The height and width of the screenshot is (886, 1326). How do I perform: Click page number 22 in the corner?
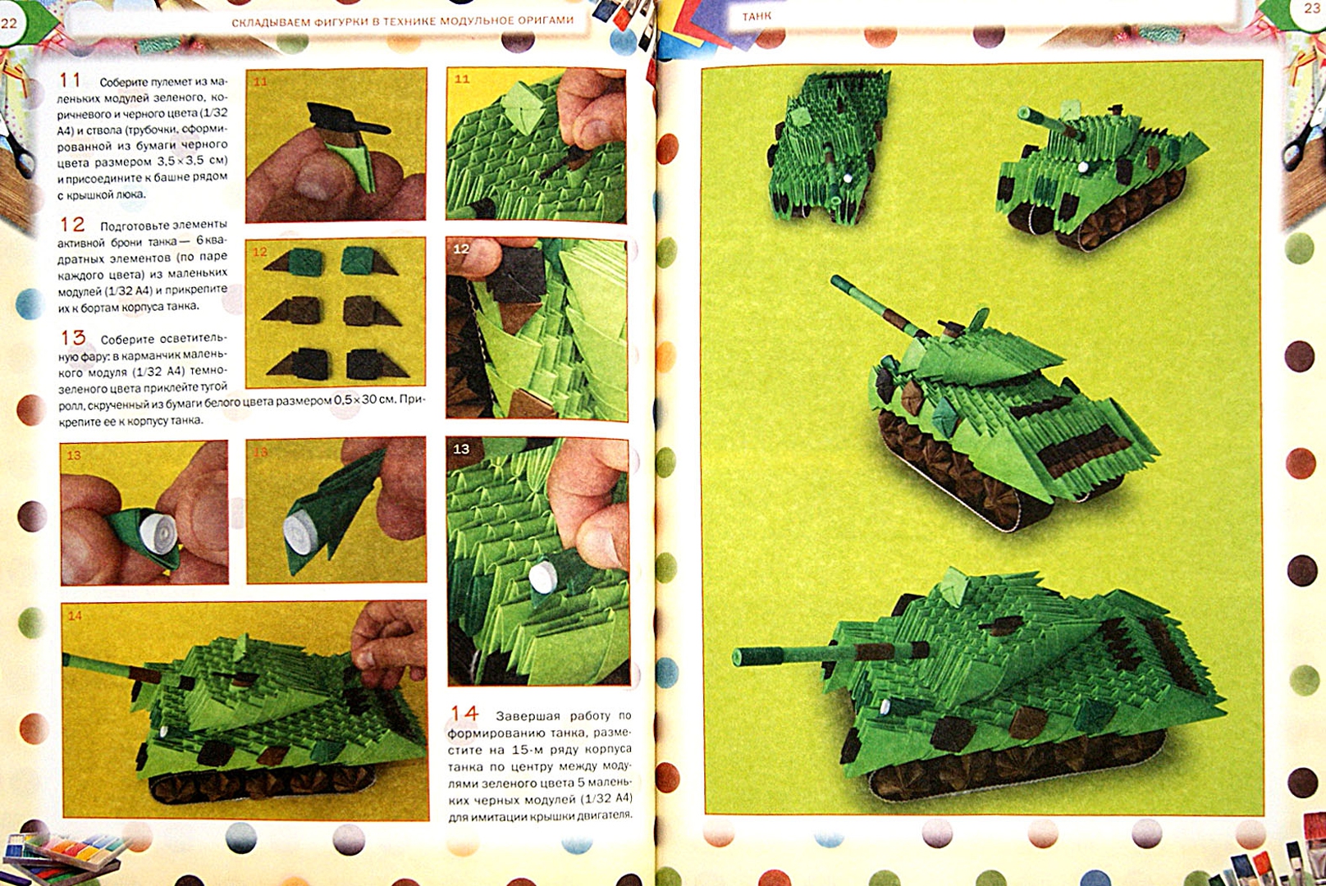[9, 24]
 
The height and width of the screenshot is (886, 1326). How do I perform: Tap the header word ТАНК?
[757, 16]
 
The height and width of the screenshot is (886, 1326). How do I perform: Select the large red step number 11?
[70, 80]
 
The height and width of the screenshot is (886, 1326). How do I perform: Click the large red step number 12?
[72, 224]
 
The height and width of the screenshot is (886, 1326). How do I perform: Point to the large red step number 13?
[73, 337]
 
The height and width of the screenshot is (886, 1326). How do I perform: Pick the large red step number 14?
[464, 713]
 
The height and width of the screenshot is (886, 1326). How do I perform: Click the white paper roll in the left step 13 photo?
[158, 532]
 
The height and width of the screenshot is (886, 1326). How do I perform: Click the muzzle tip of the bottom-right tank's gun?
[738, 657]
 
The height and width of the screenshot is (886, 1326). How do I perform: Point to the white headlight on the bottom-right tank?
[885, 706]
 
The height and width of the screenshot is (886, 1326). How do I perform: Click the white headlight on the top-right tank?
[1083, 167]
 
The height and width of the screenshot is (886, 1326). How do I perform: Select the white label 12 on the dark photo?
[461, 249]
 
